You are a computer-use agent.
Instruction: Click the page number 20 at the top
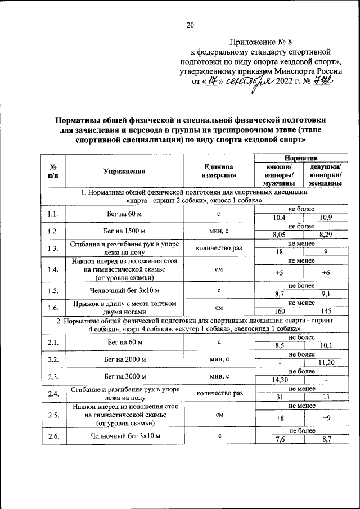click(190, 25)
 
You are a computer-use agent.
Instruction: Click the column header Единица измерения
click(218, 172)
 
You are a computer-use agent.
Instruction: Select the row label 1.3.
click(53, 249)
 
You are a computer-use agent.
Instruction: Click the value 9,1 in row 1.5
click(325, 294)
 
